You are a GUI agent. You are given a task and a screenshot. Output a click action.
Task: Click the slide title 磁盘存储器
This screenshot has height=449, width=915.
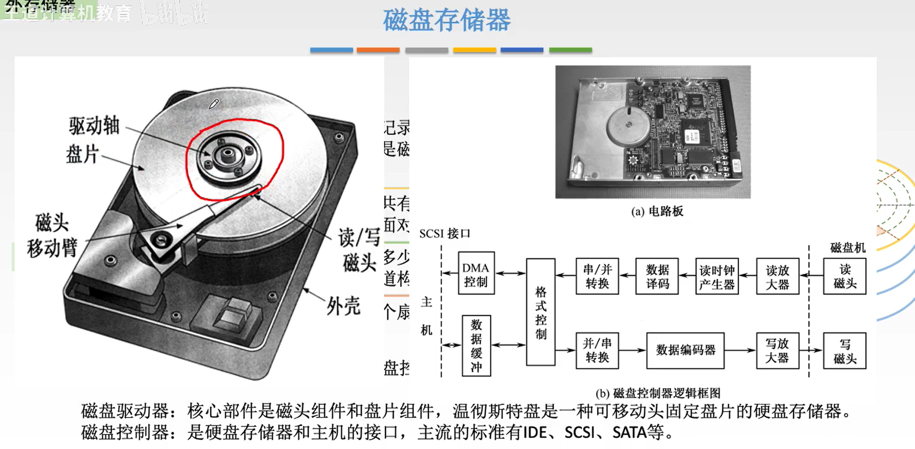point(446,21)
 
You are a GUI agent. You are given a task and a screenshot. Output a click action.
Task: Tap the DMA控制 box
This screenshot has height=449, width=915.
point(475,273)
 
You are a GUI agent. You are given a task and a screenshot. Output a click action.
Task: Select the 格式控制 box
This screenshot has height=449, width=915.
point(540,312)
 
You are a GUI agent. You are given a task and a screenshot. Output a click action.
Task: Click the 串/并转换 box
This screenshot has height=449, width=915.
point(597,276)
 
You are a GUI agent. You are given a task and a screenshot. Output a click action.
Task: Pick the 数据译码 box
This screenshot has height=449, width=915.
point(657,276)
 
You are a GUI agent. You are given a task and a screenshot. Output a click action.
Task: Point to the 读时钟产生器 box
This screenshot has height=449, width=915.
point(716,276)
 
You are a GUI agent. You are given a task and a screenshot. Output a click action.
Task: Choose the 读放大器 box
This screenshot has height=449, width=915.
point(777,276)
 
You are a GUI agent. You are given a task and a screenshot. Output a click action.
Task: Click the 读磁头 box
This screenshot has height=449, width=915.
point(844,276)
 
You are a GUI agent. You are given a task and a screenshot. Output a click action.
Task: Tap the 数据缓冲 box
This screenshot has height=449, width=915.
point(476,346)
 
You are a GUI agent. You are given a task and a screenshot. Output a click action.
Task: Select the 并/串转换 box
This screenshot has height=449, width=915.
point(597,350)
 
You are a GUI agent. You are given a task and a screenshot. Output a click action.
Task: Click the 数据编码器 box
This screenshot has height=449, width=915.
point(685,350)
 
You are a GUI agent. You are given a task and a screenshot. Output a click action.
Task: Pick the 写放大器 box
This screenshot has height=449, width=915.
point(777,350)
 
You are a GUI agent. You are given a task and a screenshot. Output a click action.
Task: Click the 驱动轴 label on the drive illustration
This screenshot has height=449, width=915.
point(94,126)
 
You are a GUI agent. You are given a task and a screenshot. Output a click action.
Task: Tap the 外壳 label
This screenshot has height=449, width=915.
point(343,306)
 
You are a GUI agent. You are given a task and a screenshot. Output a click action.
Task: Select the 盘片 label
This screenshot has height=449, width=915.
point(82,154)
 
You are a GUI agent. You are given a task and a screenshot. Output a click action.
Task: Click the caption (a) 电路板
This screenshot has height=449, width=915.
point(657,211)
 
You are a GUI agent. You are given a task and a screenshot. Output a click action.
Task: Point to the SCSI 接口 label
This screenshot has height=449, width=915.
point(444,234)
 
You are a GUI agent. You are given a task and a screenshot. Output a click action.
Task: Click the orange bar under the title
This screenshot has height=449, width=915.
point(378,50)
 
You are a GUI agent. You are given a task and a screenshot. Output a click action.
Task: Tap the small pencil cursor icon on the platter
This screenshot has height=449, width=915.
point(213,104)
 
